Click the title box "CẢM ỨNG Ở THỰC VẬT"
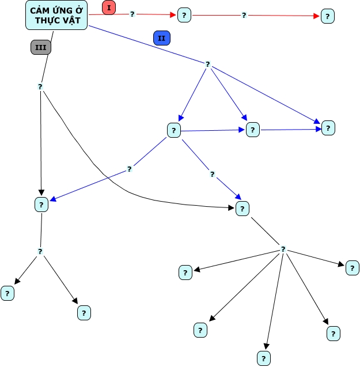57,16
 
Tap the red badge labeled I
109,8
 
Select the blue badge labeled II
162,38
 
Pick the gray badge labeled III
40,48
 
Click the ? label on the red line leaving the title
132,14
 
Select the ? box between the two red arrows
184,15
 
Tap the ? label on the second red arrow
244,16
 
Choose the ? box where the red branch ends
327,16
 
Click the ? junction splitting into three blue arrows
207,64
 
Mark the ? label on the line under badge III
40,87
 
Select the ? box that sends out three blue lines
173,130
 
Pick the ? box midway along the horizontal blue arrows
252,130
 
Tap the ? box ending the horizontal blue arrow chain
328,128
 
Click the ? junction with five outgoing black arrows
283,249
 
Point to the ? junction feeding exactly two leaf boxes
40,251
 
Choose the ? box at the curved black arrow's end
242,209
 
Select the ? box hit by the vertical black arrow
41,204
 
